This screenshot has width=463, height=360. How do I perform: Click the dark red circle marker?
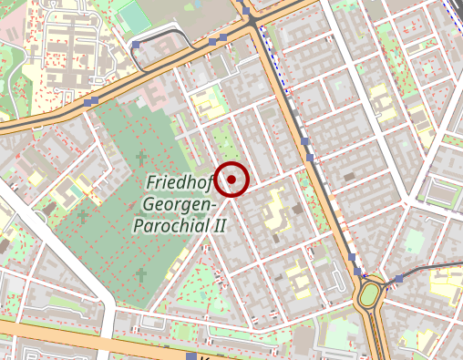click(x=233, y=180)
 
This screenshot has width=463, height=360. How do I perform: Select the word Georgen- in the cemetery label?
click(x=179, y=204)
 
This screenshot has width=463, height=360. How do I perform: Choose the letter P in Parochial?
click(x=139, y=224)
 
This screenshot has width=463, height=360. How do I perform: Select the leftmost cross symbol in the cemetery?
click(x=83, y=215)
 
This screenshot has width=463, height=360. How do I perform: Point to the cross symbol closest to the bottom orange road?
click(x=140, y=273)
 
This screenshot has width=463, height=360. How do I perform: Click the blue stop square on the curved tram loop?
click(x=137, y=44)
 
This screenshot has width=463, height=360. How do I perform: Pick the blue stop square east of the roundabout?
click(x=399, y=277)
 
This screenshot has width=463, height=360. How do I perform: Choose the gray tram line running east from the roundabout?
click(x=428, y=269)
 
